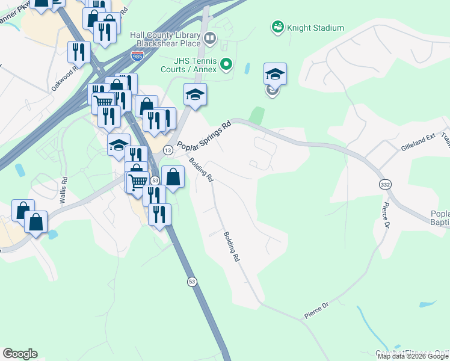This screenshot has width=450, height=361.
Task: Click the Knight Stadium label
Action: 315,28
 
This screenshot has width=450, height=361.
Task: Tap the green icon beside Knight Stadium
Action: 277,27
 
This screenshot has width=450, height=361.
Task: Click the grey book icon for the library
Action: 210,40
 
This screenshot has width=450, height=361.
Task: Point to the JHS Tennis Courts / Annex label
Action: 195,65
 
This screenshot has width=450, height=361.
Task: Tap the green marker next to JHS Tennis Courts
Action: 226,63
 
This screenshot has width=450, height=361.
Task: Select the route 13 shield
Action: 168,149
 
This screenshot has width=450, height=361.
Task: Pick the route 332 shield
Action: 384,183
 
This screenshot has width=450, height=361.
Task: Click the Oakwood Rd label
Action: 64,79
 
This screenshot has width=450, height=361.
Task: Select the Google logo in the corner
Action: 20,353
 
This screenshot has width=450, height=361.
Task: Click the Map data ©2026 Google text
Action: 413,356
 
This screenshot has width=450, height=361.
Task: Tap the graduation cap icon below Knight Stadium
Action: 275,74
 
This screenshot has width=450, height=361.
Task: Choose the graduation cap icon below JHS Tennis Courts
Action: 195,94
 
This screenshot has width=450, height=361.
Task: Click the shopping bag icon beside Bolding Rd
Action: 173,177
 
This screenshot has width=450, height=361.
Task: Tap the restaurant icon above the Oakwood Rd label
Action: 79,52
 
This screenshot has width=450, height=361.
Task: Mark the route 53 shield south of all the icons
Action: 192,281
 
